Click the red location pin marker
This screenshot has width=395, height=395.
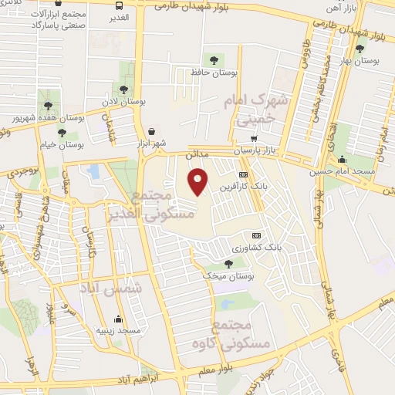pyautogui.click(x=199, y=183)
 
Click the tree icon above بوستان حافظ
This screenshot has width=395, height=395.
pyautogui.click(x=214, y=59)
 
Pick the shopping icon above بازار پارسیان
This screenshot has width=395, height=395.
pyautogui.click(x=254, y=137)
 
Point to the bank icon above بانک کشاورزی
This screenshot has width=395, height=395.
pyautogui.click(x=256, y=236)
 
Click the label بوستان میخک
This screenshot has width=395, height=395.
pyautogui.click(x=225, y=276)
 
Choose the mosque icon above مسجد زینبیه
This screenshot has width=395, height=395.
pyautogui.click(x=118, y=319)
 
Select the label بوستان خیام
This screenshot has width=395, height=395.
pyautogui.click(x=63, y=144)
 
